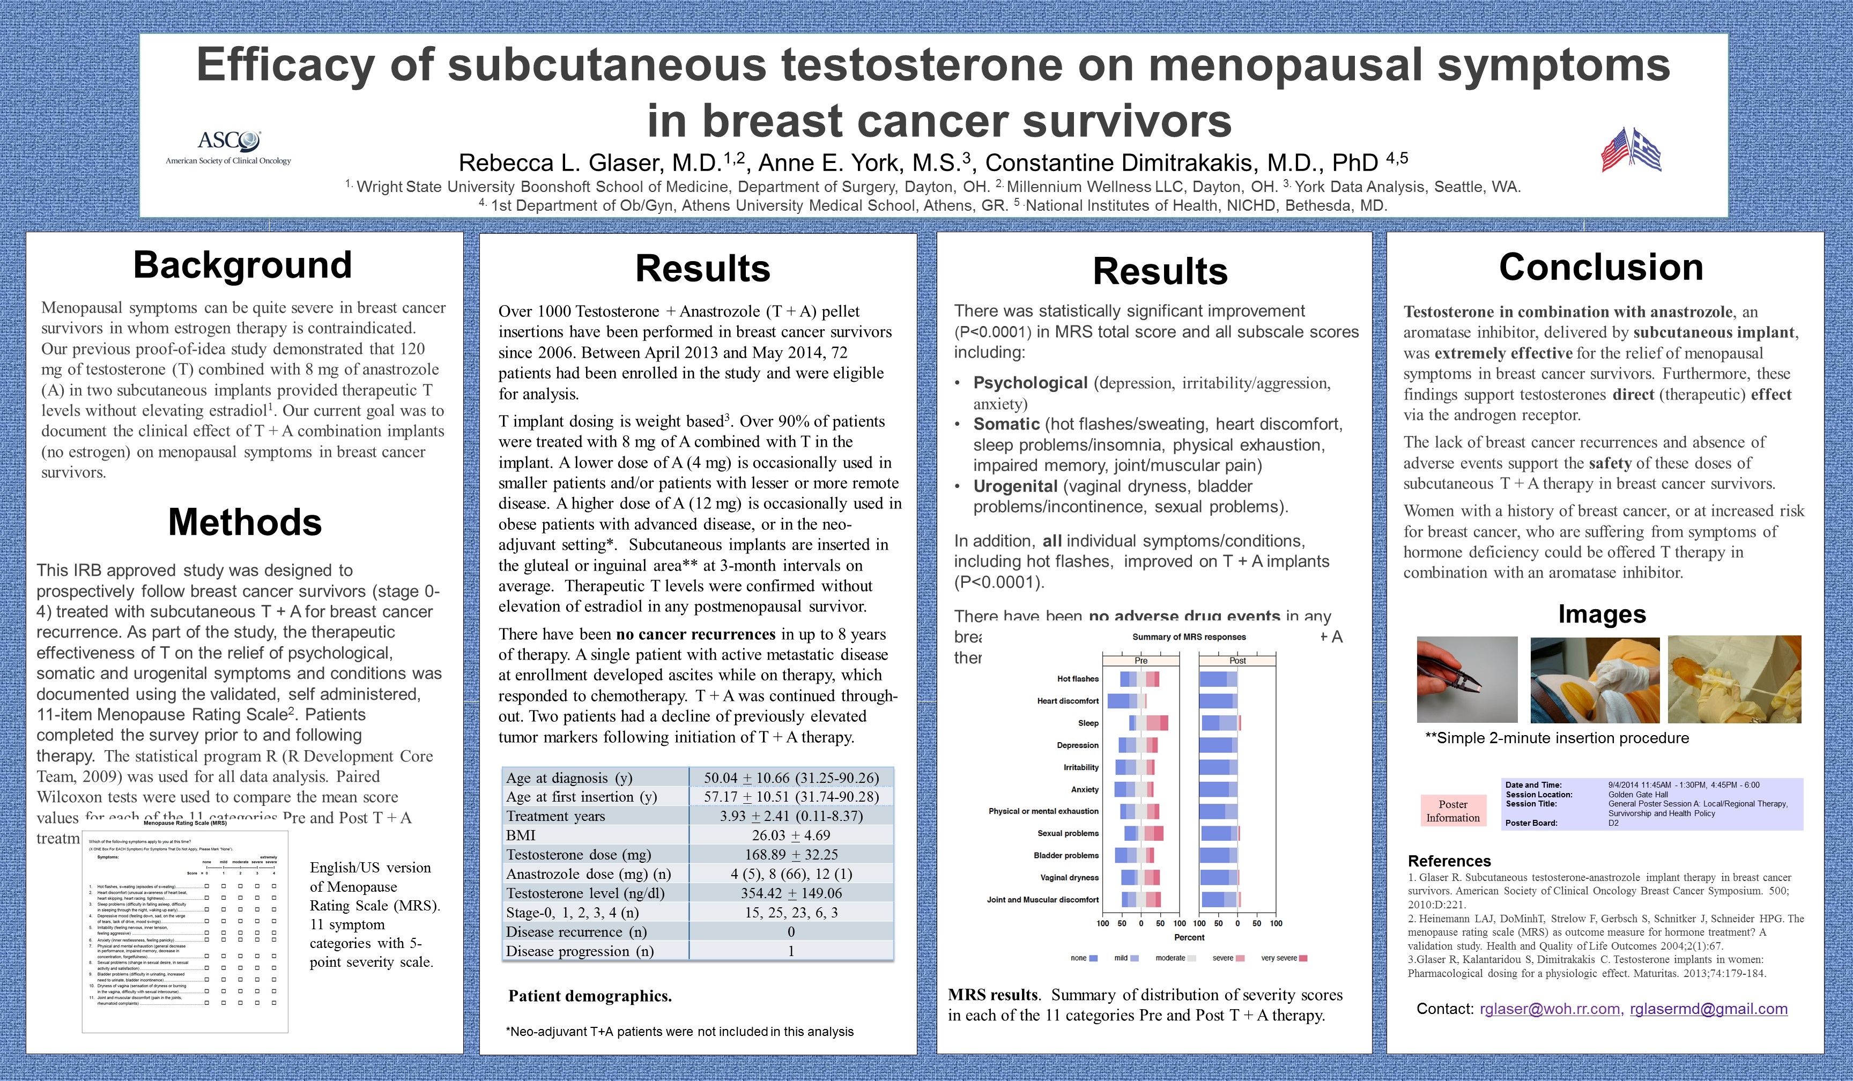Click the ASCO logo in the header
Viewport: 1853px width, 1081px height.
[228, 146]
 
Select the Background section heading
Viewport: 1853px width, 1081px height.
[243, 265]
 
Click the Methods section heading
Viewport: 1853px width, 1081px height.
[245, 522]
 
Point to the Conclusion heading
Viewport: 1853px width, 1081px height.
[1601, 267]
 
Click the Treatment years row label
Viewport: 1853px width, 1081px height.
[556, 816]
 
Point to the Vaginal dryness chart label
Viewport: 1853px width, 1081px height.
[1069, 877]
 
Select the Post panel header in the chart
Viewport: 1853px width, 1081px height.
[1237, 661]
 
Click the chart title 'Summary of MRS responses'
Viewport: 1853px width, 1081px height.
[1189, 637]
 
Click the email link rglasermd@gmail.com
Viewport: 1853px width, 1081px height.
[1708, 1009]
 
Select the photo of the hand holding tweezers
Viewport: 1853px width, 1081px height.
[1467, 679]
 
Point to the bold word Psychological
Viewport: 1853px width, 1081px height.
[1030, 383]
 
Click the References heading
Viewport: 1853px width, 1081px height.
[1449, 861]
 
